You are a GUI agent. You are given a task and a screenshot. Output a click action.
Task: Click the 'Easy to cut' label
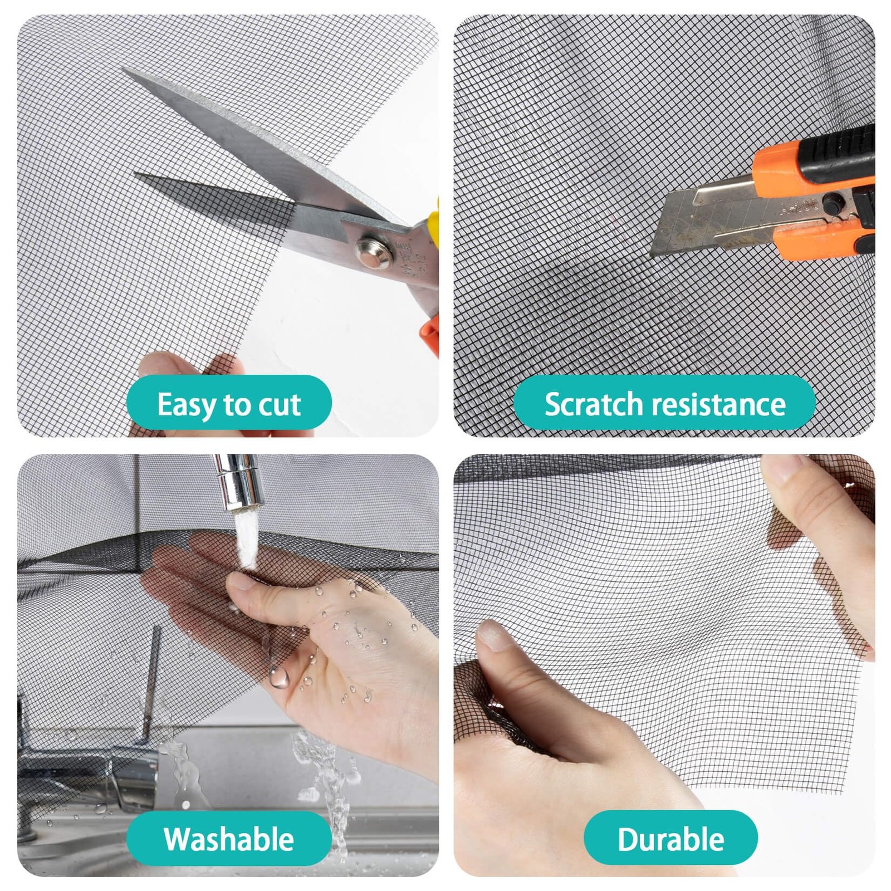click(229, 403)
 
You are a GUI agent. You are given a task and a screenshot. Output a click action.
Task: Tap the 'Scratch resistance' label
click(664, 403)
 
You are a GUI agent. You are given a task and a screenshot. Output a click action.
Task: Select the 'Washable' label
click(229, 839)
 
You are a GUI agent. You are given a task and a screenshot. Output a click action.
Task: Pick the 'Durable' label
click(670, 839)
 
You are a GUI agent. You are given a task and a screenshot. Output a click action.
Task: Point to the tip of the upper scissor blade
click(124, 70)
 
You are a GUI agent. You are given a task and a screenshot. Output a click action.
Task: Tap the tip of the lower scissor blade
click(136, 174)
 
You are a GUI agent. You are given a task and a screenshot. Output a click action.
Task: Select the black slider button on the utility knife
click(831, 202)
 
